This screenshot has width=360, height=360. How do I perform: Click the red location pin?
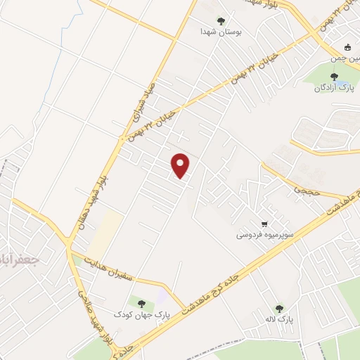pyautogui.click(x=181, y=165)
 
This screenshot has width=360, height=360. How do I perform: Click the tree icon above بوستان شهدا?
pyautogui.click(x=221, y=21)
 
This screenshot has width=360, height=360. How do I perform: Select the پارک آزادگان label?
pyautogui.click(x=333, y=87)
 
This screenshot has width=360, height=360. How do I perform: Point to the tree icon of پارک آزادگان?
pyautogui.click(x=334, y=77)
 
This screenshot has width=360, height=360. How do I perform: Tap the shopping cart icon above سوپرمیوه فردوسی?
pyautogui.click(x=264, y=220)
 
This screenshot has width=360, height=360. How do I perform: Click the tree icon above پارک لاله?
pyautogui.click(x=279, y=309)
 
